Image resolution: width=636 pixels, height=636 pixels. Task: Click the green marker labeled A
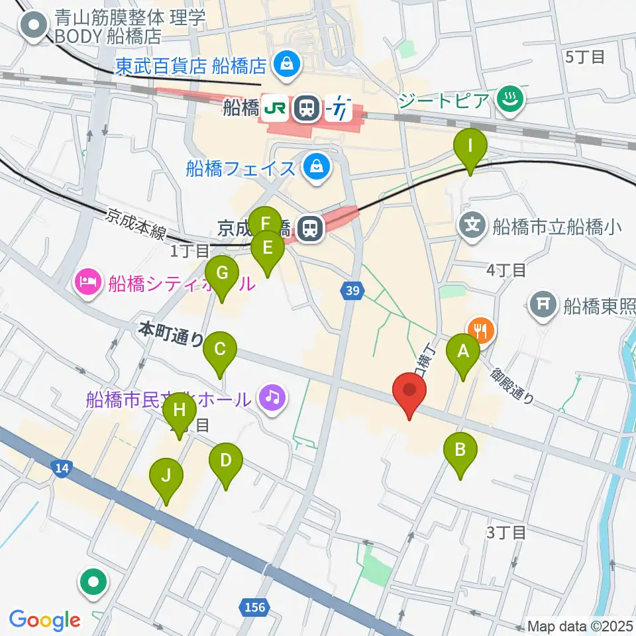pyautogui.click(x=463, y=351)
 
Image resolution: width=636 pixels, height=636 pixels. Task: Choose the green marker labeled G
pyautogui.click(x=222, y=273)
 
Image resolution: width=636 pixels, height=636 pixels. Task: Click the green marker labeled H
pyautogui.click(x=179, y=410)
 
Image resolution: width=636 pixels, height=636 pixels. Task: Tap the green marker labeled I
pyautogui.click(x=470, y=146)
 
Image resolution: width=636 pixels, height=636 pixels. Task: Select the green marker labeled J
pyautogui.click(x=166, y=476)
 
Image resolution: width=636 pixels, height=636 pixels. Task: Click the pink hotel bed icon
pyautogui.click(x=89, y=283)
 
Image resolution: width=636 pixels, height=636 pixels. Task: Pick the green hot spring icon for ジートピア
pyautogui.click(x=510, y=100)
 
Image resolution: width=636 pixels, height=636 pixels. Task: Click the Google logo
pyautogui.click(x=44, y=620)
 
